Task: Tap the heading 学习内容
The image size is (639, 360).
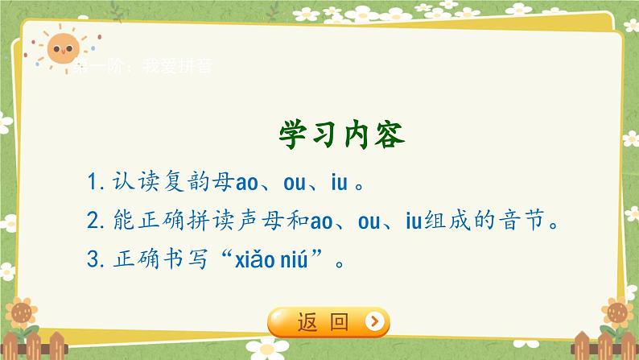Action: pyautogui.click(x=343, y=135)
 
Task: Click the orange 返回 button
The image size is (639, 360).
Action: pyautogui.click(x=328, y=323)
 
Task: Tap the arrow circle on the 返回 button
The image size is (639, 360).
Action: pyautogui.click(x=374, y=323)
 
